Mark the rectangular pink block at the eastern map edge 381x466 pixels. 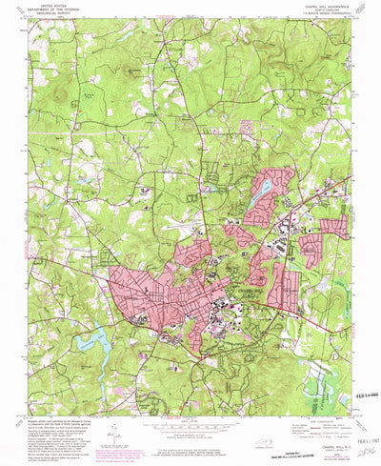(x=334, y=228)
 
